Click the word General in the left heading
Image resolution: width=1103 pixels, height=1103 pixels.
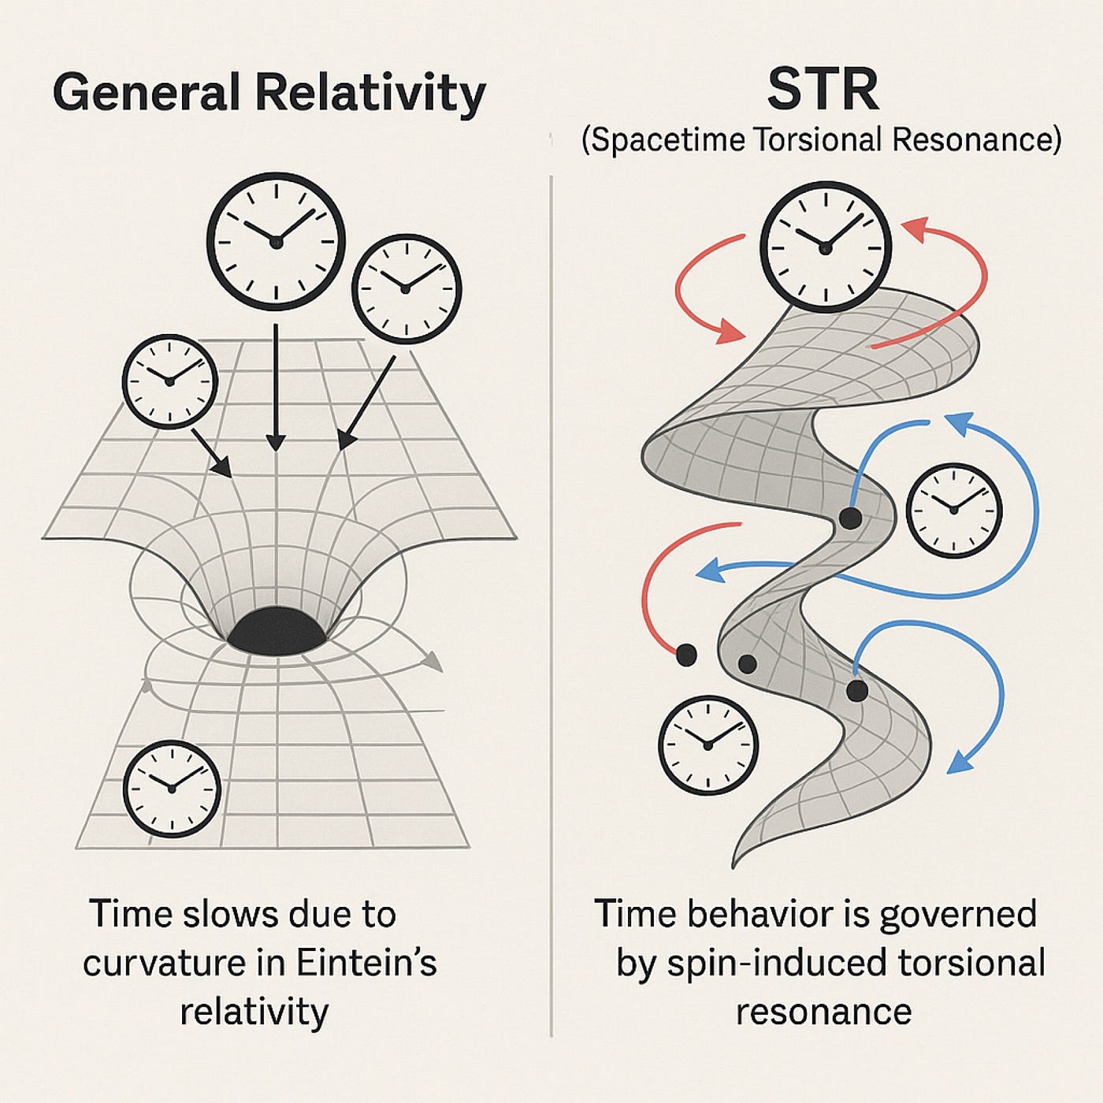pos(146,93)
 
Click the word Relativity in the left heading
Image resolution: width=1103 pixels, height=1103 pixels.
pos(370,93)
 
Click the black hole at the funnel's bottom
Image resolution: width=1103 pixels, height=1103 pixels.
pos(276,630)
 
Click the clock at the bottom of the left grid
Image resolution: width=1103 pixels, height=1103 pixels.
pos(172,788)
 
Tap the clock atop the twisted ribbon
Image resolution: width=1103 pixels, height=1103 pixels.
pos(826,247)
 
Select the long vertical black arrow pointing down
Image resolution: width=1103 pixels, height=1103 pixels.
pos(275,386)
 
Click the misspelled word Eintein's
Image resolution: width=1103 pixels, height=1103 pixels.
pos(366,963)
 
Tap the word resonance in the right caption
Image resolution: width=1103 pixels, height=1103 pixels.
pos(823,1012)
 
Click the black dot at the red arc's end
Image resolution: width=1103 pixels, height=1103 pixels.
pos(686,654)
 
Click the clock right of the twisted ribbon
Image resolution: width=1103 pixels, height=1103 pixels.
pos(953,510)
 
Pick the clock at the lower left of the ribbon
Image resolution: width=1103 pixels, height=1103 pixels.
pos(707,745)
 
